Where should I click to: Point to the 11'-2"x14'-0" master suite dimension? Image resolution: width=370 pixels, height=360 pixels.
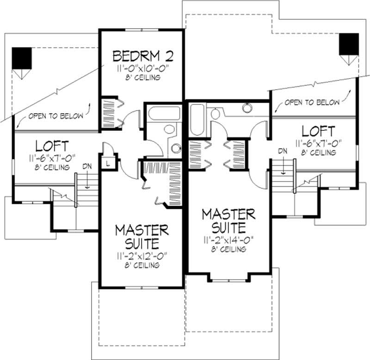pos(228,240)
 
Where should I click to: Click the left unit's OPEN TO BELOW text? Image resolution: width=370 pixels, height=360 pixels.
pos(56,116)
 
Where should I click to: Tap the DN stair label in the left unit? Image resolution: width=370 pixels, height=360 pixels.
pos(86,166)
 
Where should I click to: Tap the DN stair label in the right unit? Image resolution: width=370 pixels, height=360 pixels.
pos(282,150)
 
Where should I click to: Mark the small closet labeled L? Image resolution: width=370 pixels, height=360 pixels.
pos(107,164)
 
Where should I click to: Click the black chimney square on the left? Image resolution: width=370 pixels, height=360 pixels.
pos(22,58)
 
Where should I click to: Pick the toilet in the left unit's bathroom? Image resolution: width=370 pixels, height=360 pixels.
pos(170,129)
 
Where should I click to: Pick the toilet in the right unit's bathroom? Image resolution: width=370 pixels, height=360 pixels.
pos(216,114)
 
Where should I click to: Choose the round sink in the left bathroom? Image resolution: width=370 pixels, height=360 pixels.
pos(175,148)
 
